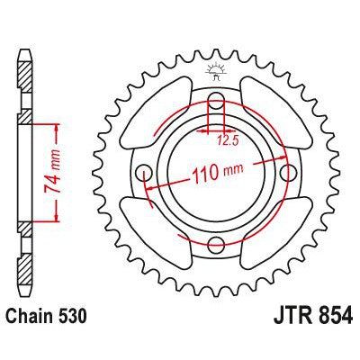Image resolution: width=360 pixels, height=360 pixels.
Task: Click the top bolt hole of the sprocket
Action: (217, 100)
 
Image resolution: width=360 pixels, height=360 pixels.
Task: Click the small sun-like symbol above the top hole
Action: (217, 69)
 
